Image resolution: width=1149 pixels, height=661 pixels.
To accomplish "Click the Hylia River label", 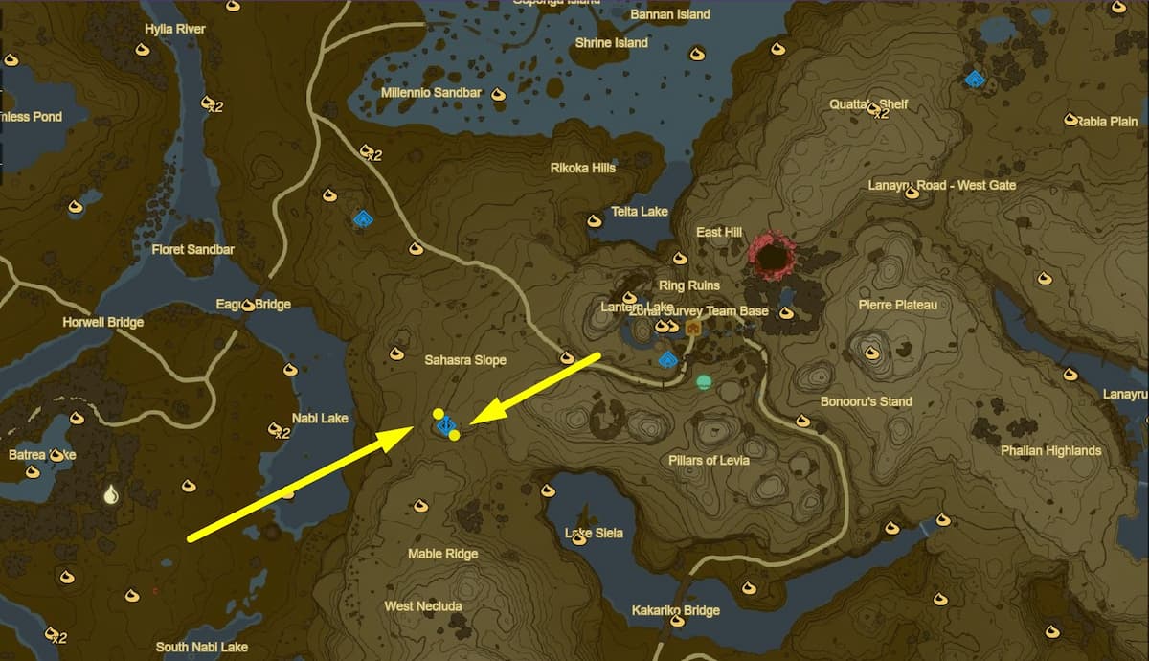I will (x=174, y=30).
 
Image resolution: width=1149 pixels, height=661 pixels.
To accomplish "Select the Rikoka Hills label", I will (x=582, y=168).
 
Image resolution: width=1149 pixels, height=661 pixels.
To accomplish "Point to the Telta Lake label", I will (x=640, y=212).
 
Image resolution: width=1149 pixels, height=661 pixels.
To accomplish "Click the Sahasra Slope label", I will (x=465, y=360).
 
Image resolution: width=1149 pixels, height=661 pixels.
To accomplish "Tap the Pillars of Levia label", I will (x=709, y=461).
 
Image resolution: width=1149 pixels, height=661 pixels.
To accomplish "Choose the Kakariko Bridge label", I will (x=675, y=610).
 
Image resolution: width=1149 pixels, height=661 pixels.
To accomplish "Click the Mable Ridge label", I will (x=442, y=554).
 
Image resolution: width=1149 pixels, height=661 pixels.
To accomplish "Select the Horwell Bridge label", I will (x=103, y=323).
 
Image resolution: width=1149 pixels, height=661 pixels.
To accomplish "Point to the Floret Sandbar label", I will (x=192, y=250).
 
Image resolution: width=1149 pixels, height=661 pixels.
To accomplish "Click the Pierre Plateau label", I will (x=898, y=306).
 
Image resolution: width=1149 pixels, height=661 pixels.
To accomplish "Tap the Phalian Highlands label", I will (x=1050, y=451).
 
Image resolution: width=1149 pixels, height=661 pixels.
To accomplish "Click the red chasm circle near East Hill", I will (x=772, y=256).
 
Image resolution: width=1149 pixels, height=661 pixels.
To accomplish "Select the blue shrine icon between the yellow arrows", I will (x=445, y=424).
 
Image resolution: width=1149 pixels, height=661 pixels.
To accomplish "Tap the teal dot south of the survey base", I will (x=705, y=382).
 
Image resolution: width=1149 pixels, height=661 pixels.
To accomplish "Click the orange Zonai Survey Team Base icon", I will (x=692, y=328).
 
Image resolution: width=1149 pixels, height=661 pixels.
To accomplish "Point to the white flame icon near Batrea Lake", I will (x=111, y=494).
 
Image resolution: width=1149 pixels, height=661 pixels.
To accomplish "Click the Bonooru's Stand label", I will (x=866, y=401).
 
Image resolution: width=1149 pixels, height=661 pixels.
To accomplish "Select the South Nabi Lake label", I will (x=201, y=648).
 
